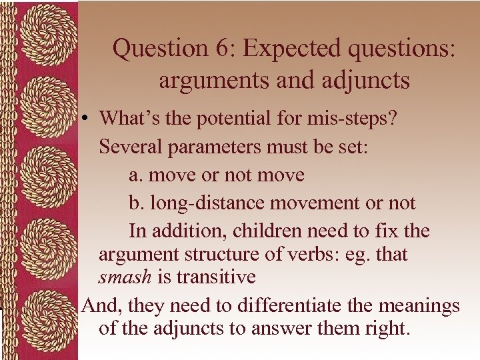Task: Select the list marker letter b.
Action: [x=134, y=203]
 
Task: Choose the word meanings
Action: [x=419, y=306]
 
